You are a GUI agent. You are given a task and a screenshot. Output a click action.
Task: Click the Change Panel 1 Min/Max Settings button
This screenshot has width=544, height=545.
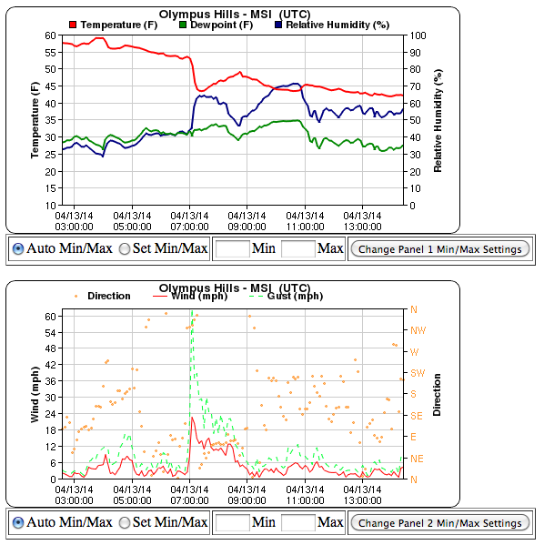coord(440,249)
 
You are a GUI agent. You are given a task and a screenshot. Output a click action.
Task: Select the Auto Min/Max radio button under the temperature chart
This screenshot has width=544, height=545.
coord(18,249)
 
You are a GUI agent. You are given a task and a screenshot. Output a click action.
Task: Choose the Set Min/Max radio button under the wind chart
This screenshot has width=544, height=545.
coord(125,523)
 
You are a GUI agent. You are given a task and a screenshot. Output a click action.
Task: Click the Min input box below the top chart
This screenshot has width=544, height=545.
coord(233,249)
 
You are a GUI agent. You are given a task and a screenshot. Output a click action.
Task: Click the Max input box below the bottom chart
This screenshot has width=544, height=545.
coord(297,523)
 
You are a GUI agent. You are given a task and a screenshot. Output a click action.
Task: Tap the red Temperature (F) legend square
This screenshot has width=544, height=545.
coord(73,25)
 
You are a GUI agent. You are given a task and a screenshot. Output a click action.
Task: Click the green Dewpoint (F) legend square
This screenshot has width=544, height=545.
coord(183,25)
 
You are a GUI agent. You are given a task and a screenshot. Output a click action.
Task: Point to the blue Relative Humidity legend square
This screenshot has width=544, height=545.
coord(278,25)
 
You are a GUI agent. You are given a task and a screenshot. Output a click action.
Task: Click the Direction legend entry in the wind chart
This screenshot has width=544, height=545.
coord(103,296)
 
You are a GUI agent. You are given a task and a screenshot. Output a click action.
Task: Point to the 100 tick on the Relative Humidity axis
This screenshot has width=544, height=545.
coord(418,35)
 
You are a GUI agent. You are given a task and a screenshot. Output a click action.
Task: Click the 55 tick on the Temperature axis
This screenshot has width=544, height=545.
coord(50,53)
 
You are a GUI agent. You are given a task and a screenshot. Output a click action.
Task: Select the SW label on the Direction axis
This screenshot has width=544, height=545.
coord(418,373)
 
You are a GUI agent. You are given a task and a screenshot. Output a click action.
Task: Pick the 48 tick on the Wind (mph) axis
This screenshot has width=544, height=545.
coord(50,348)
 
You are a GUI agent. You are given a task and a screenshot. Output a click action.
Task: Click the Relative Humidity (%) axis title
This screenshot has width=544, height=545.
coord(438,121)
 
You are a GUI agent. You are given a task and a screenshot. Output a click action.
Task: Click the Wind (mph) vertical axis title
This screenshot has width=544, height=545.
coord(35,395)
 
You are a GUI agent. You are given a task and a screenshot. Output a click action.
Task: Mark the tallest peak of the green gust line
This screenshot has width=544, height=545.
coord(192,311)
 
